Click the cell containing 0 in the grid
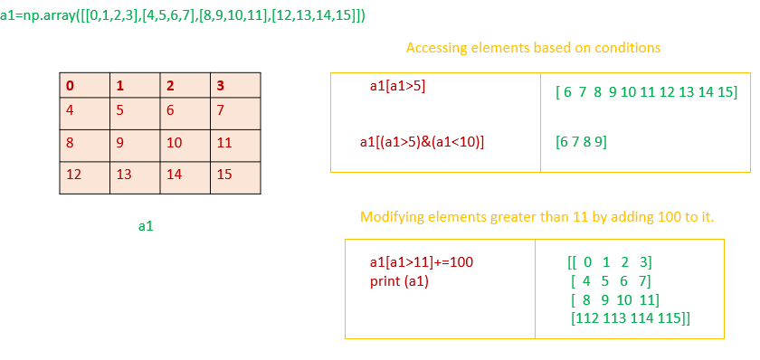[x=84, y=86]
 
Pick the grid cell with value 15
[x=235, y=176]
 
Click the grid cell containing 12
[x=84, y=176]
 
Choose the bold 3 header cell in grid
[x=235, y=86]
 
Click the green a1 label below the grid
[x=146, y=226]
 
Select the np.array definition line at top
[x=184, y=16]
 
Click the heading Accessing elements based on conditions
[x=533, y=48]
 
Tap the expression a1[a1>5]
[x=397, y=86]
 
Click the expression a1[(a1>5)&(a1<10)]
[x=423, y=141]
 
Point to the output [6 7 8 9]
[x=581, y=142]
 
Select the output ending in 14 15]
[x=646, y=92]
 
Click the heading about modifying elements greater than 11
[x=537, y=217]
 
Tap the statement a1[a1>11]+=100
[x=422, y=262]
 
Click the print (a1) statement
[x=399, y=280]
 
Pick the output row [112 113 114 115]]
[x=631, y=317]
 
